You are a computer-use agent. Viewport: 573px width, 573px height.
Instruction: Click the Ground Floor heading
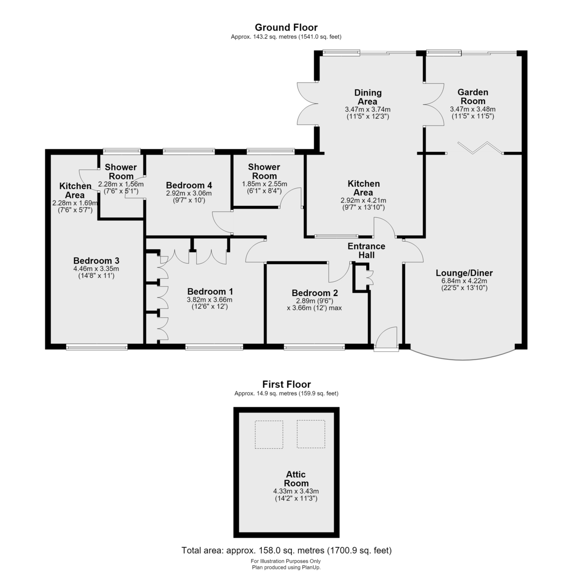pos(286,27)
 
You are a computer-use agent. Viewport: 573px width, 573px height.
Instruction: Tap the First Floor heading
pos(286,384)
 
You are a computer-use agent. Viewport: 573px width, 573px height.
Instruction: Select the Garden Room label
pos(473,96)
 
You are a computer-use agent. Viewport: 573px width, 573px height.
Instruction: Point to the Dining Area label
pos(368,97)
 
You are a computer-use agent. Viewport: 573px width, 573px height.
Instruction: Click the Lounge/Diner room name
pos(464,273)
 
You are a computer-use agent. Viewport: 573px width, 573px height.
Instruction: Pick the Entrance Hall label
pos(366,250)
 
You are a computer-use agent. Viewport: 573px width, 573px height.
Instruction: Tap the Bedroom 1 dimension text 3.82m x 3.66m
pos(210,300)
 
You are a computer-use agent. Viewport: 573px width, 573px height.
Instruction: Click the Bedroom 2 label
pos(315,293)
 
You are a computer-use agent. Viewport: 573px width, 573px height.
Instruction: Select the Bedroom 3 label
pos(96,261)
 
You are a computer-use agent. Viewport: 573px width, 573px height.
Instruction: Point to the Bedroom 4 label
pos(189,185)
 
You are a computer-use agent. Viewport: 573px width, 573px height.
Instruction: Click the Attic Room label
pos(296,478)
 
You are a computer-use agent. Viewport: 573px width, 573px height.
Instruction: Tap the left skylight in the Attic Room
pos(269,435)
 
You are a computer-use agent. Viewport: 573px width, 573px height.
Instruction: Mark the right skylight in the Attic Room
pos(311,434)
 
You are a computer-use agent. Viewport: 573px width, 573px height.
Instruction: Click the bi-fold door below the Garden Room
pos(480,148)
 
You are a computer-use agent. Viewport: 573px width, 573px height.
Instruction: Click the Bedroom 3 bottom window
pos(96,347)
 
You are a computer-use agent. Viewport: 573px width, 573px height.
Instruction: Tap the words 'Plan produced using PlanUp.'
pos(286,567)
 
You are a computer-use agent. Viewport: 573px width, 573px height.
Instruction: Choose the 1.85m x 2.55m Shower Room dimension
pos(265,184)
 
